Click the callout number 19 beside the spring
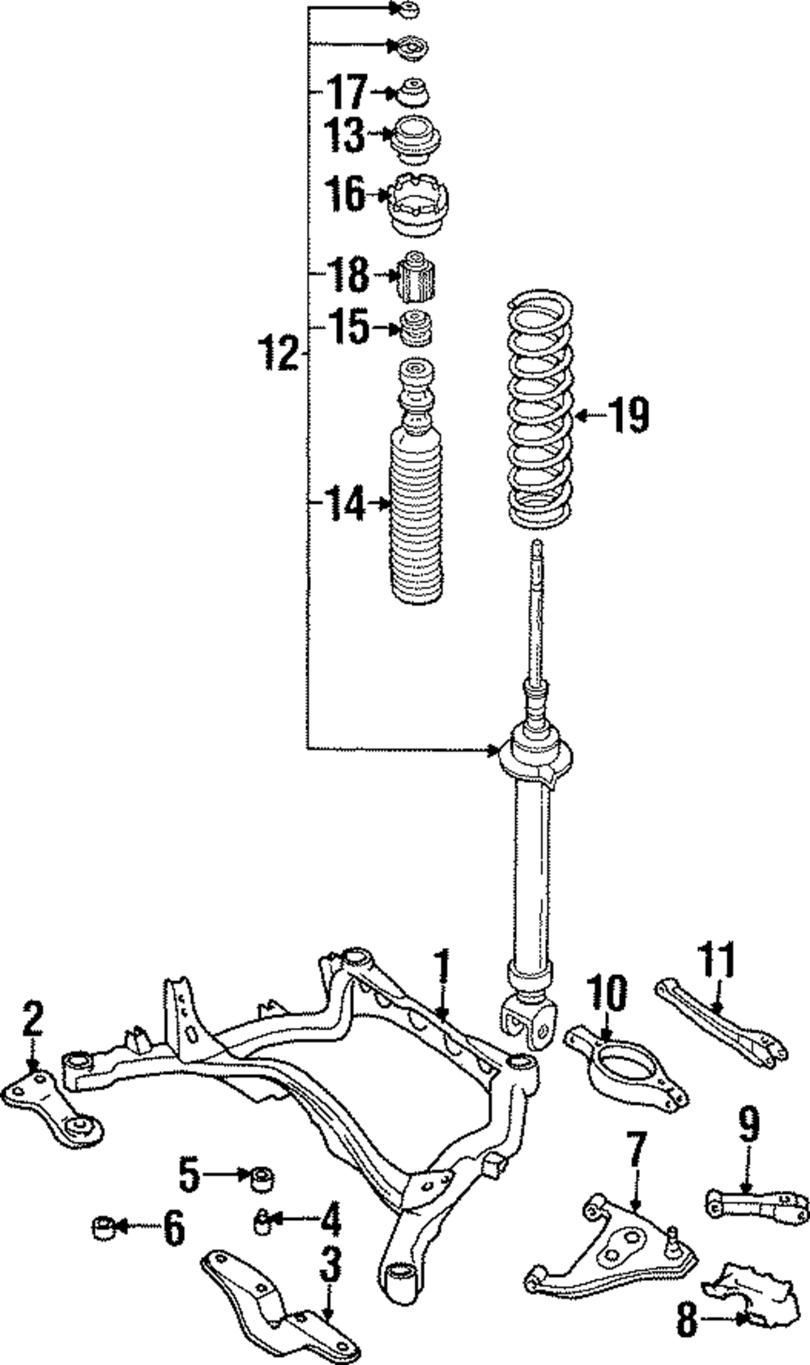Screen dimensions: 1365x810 point(629,416)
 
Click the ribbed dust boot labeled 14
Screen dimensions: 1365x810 point(417,518)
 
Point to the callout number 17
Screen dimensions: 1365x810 point(347,92)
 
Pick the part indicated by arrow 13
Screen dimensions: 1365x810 point(416,139)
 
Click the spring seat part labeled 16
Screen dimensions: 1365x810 point(418,207)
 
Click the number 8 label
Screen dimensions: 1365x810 point(687,1322)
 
